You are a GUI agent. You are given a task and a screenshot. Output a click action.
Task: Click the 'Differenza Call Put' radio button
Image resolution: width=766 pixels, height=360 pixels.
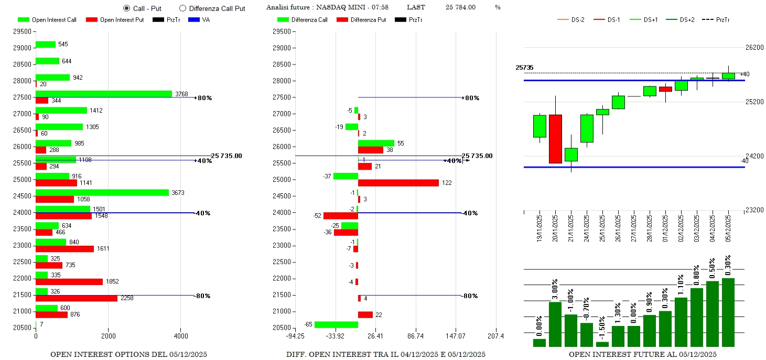182,8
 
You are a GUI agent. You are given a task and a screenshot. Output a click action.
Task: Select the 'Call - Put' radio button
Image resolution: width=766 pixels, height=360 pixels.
126,8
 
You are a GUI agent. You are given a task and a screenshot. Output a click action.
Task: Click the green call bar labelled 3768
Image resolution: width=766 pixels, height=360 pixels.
103,94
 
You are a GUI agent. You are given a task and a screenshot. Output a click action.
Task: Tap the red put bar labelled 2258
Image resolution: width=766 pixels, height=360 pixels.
76,298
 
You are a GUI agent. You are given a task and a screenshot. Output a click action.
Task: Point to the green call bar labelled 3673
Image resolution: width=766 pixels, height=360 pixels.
102,193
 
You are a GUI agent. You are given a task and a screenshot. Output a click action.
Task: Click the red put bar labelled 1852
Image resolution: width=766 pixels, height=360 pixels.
69,281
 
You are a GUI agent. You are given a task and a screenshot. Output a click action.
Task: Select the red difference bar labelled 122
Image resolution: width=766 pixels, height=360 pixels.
398,183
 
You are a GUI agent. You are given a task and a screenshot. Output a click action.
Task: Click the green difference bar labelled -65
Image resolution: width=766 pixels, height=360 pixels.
336,324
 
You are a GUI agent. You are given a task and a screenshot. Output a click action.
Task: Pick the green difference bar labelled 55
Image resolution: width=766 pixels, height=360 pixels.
376,143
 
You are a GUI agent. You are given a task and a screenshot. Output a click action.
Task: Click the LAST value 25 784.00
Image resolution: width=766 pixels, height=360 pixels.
460,7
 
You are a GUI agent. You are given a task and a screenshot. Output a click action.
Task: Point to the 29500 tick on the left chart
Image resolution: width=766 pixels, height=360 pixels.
22,31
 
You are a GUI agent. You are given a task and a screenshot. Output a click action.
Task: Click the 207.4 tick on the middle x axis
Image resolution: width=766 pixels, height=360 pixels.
495,335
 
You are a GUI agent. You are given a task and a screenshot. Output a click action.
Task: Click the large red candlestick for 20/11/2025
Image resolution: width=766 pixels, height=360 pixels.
555,139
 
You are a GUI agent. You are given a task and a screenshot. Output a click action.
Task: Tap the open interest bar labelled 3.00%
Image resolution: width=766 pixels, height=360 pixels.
555,324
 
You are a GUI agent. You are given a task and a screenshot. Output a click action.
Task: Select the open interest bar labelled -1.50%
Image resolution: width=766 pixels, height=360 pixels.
602,344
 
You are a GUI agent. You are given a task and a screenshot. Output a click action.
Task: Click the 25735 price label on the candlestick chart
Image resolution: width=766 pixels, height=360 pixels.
524,68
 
